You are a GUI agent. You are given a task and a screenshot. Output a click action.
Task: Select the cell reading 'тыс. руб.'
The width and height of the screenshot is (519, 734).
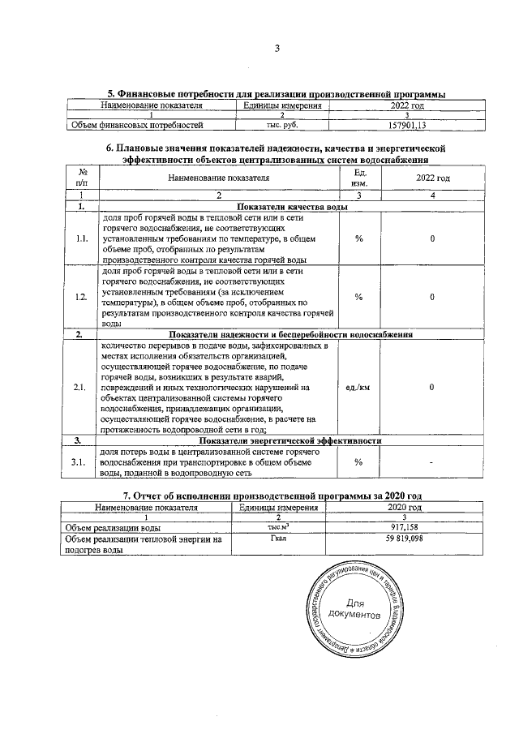283,126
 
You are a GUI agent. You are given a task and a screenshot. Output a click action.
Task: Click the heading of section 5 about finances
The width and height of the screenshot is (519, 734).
277,94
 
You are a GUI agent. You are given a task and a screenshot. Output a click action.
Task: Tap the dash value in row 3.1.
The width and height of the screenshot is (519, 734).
432,461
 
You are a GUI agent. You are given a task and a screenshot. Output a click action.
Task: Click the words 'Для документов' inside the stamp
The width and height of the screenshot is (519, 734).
356,609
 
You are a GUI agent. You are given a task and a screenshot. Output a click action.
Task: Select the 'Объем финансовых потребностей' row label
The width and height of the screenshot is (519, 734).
134,126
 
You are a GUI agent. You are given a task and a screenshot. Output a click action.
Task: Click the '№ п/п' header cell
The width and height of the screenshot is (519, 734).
81,178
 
